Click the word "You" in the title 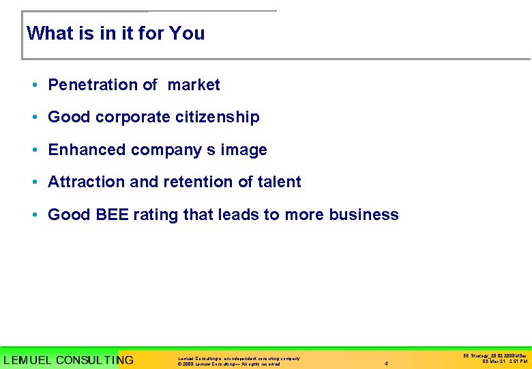(x=188, y=33)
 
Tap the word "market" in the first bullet (x=194, y=85)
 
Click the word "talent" (x=279, y=182)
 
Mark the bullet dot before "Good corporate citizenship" (x=33, y=118)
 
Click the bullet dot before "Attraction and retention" (x=33, y=182)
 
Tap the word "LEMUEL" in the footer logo (x=27, y=360)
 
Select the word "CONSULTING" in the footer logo (x=95, y=360)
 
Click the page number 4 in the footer (x=386, y=364)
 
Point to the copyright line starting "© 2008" (x=228, y=364)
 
